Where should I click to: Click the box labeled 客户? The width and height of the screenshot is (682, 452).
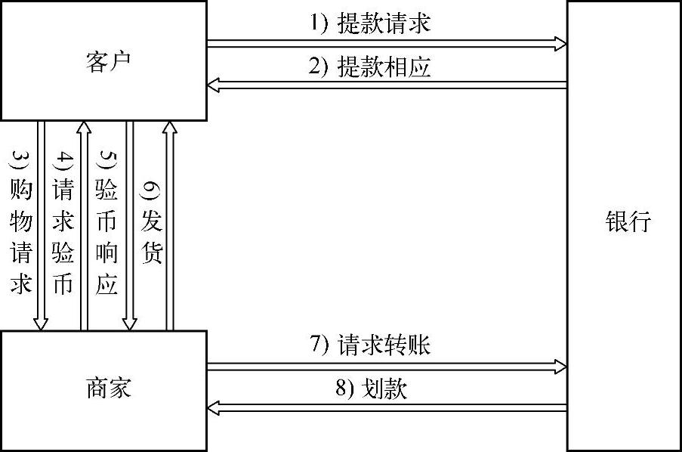point(103,60)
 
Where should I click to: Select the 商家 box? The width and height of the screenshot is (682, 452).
point(103,390)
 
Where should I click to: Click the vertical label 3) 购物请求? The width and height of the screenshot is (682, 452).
point(21,224)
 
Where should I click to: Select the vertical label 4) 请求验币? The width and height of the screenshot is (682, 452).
point(63,224)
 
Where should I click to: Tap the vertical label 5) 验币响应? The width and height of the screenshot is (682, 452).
point(107,224)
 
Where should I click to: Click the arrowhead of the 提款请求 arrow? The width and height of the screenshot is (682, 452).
point(560,44)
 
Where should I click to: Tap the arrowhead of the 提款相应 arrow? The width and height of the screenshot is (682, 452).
point(214,86)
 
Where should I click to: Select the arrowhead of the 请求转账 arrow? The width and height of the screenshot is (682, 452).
point(560,367)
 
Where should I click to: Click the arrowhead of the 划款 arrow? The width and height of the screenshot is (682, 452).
point(214,409)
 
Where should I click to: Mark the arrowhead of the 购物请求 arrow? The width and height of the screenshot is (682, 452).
point(42,324)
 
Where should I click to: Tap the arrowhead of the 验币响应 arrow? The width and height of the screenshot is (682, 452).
point(129,324)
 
